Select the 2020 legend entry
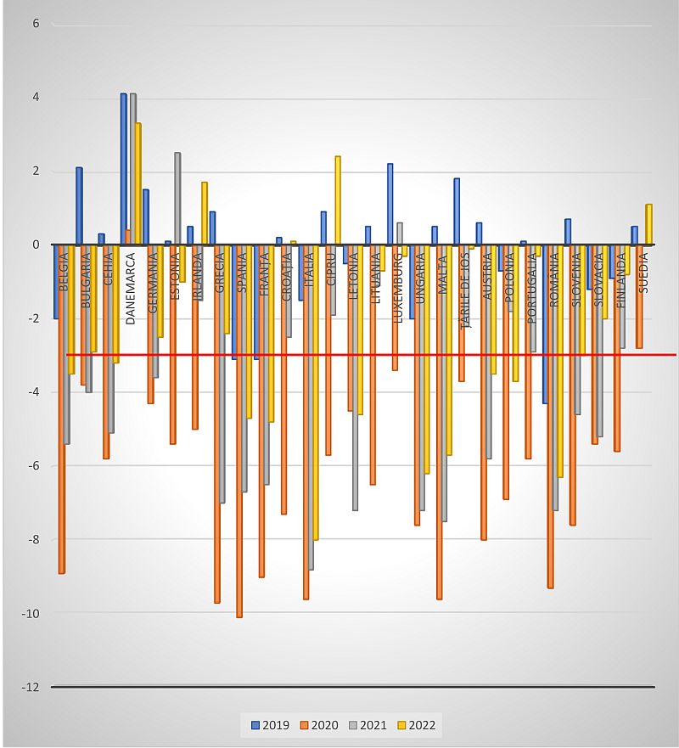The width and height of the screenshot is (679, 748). point(318,725)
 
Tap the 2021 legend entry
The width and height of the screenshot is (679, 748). point(367,725)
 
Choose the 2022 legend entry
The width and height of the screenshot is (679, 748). point(416,725)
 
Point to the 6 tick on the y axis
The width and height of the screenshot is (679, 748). point(36,24)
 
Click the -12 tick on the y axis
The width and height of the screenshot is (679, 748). point(31,687)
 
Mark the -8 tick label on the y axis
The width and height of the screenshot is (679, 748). point(34,539)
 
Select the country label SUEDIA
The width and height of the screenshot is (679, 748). point(643,272)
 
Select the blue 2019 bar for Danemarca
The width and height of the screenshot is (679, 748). point(124,170)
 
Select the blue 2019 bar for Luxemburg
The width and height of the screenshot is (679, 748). point(390,204)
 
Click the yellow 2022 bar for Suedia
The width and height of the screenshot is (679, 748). point(648,224)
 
